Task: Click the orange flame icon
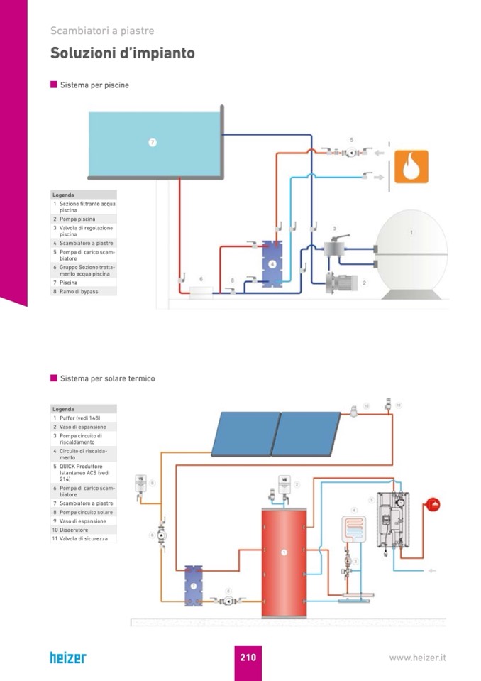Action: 411,167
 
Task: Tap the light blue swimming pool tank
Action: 154,142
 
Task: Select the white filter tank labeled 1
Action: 411,254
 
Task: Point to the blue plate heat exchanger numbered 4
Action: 272,263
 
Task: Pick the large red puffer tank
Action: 284,561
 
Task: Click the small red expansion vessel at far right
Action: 432,505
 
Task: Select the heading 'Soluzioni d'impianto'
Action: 122,54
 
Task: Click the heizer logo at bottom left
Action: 67,658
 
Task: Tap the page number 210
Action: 248,658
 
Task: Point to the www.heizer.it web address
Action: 417,658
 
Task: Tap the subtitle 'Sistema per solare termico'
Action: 107,378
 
